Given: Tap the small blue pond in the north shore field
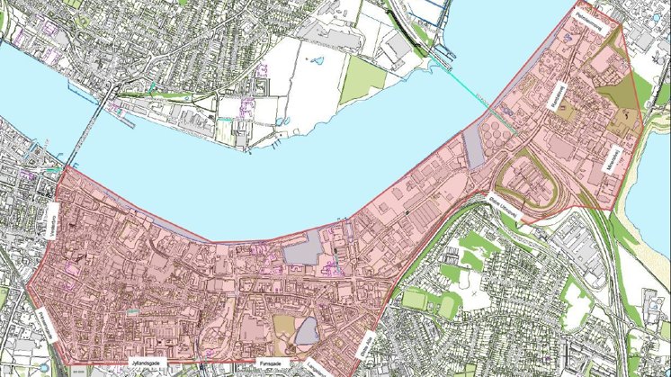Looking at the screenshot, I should [316, 61].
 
